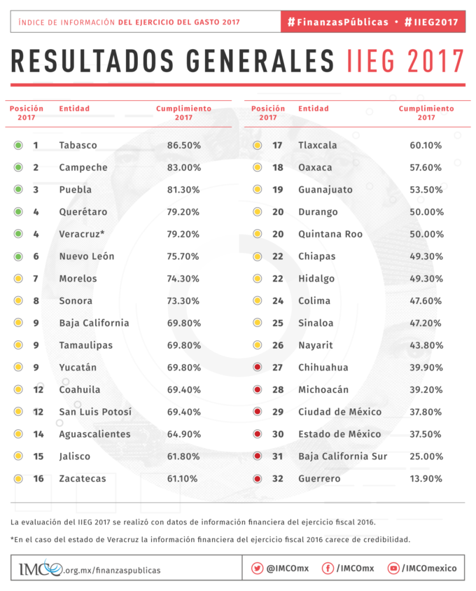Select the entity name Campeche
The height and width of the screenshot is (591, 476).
83,168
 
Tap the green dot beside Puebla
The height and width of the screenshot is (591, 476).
18,190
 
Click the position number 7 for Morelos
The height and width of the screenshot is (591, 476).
36,279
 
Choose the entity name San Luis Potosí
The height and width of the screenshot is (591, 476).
95,412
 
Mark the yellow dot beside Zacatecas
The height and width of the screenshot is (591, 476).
18,479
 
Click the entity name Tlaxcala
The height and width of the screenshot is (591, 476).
318,146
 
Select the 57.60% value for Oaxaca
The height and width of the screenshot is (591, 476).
426,168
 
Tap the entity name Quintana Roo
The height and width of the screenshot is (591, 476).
330,234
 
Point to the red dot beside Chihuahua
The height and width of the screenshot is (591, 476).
258,368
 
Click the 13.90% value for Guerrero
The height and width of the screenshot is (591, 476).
426,479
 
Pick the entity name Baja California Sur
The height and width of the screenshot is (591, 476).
342,457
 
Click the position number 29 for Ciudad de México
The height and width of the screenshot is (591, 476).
278,412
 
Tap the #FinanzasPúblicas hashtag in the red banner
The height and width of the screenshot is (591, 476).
337,22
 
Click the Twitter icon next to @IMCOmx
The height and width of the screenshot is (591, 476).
257,568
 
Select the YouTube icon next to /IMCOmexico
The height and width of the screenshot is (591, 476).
393,568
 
